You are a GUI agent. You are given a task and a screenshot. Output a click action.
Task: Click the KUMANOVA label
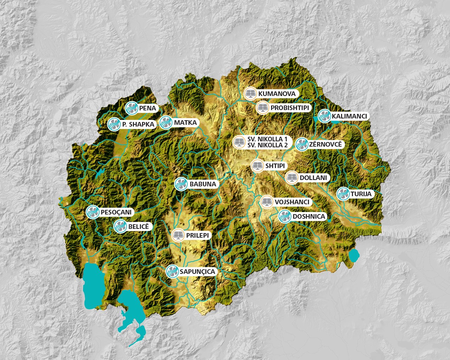point(277,94)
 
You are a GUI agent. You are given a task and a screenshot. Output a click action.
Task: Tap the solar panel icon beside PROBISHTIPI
point(263,108)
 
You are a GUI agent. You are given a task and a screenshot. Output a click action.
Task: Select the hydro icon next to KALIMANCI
point(324,116)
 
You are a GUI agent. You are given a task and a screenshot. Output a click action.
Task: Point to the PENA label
point(147,108)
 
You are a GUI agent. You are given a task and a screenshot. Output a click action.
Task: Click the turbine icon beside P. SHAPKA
point(114,124)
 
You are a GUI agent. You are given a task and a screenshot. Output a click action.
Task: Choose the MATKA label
point(185,123)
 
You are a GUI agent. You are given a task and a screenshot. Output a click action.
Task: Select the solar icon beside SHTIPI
point(257,166)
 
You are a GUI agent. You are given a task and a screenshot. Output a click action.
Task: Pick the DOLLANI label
point(313,178)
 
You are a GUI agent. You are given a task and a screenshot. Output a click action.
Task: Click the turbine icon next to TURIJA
point(343,194)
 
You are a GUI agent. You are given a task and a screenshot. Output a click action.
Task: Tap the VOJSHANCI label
point(292,202)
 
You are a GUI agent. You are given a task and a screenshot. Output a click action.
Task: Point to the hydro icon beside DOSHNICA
point(285,216)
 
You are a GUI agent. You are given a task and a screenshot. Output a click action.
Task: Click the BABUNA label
point(202,184)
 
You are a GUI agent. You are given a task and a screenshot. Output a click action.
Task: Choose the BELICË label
point(139,227)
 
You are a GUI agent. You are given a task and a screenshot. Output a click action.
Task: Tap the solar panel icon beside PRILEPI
point(178,235)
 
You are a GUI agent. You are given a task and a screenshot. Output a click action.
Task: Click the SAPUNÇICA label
point(197,272)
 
